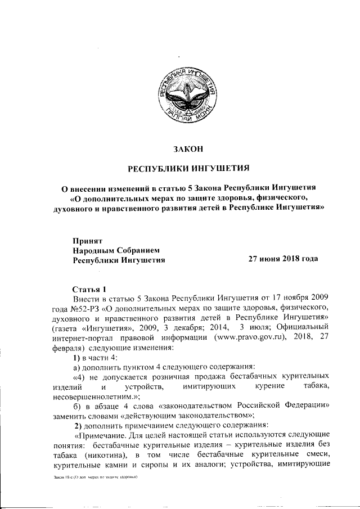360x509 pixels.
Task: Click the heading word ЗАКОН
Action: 185,149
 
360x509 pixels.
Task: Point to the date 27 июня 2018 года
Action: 283,259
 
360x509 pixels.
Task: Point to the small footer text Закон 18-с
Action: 52,492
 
